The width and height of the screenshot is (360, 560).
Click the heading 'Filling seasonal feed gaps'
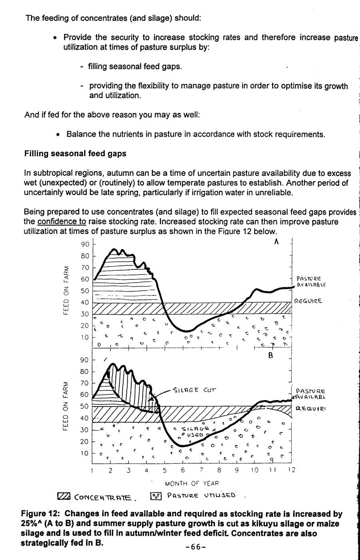[75, 153]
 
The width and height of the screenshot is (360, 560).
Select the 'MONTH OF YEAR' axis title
[192, 483]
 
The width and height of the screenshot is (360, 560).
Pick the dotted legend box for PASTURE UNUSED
[155, 496]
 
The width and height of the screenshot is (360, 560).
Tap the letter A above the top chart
[276, 242]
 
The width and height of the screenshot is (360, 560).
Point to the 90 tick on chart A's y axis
[85, 244]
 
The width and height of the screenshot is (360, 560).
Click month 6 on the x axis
[183, 470]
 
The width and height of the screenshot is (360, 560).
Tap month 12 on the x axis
[291, 470]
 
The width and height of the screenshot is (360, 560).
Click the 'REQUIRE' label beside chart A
[308, 301]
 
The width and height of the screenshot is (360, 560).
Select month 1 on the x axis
[92, 470]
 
